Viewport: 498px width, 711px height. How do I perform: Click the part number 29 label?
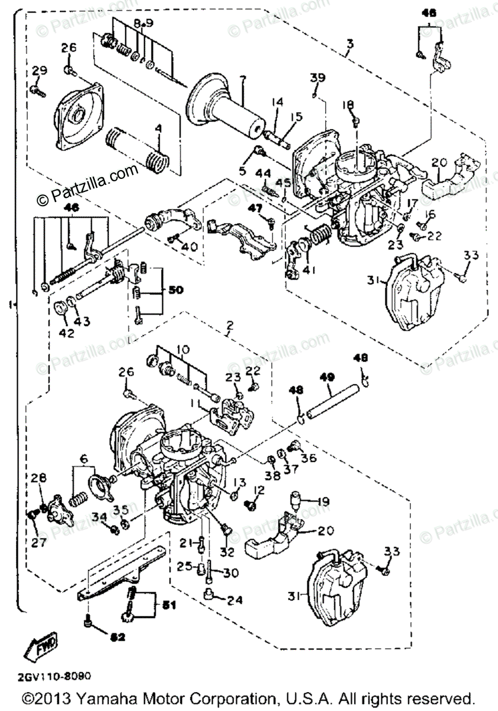tap(39, 72)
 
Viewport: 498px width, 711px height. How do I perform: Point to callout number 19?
tap(323, 501)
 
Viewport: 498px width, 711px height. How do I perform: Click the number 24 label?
tap(235, 600)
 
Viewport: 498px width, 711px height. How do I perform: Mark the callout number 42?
tap(66, 333)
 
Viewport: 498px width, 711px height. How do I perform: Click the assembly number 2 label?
tap(230, 325)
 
